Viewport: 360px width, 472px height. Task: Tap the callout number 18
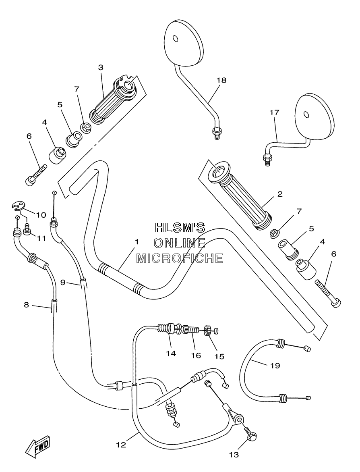click(x=221, y=80)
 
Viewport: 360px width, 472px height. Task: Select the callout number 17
click(x=274, y=112)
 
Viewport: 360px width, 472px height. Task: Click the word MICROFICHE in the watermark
click(x=180, y=258)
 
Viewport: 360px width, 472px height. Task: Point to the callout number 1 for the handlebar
click(x=137, y=242)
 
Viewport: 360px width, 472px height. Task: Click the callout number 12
click(x=121, y=444)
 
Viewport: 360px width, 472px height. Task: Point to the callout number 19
click(x=275, y=366)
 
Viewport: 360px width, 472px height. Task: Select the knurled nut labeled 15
click(x=207, y=331)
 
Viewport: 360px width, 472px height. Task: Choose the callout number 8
click(x=27, y=305)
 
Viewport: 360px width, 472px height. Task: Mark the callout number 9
click(x=63, y=282)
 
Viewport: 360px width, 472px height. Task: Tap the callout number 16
click(x=196, y=356)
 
